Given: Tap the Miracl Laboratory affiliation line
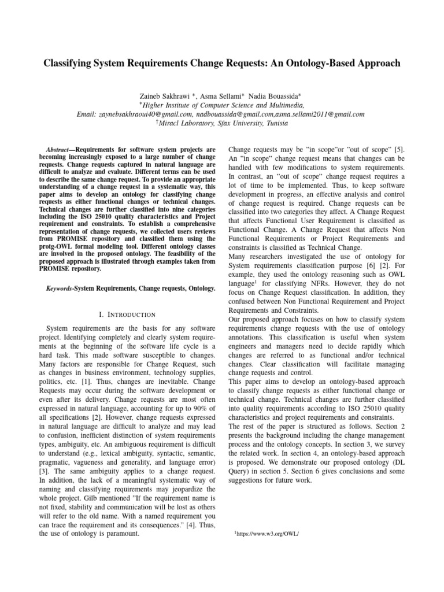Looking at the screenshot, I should click(222, 124).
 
